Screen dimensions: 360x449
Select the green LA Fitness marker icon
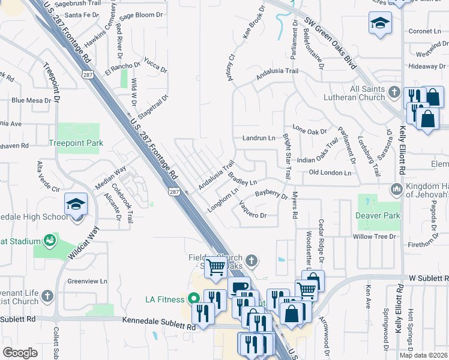coord(193,298)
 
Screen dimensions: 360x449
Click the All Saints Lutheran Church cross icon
coord(394,92)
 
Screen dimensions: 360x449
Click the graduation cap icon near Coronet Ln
coord(379,24)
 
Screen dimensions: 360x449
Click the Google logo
coord(20,353)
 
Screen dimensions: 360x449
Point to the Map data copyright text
coord(423,355)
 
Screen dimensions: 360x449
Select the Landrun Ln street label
coord(258,138)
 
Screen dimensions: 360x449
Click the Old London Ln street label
coord(330,173)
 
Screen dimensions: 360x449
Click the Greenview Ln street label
coord(87,280)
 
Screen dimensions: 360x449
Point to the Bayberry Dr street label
coord(271,194)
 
